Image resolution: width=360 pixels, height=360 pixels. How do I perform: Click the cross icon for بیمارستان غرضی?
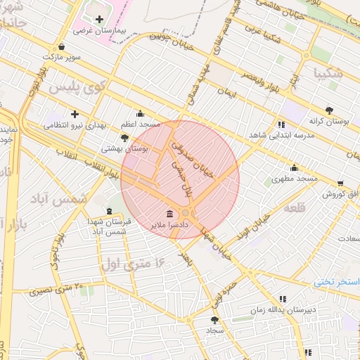tap(99, 19)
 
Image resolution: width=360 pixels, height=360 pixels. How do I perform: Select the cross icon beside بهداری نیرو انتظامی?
tap(75, 113)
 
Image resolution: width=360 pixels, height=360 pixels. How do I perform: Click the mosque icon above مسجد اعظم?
tap(140, 112)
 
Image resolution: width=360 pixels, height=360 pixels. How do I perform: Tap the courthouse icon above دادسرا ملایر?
tap(169, 214)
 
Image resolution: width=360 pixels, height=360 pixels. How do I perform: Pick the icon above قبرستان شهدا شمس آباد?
tap(108, 211)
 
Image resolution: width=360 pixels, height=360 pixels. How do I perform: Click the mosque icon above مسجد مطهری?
tap(294, 167)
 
